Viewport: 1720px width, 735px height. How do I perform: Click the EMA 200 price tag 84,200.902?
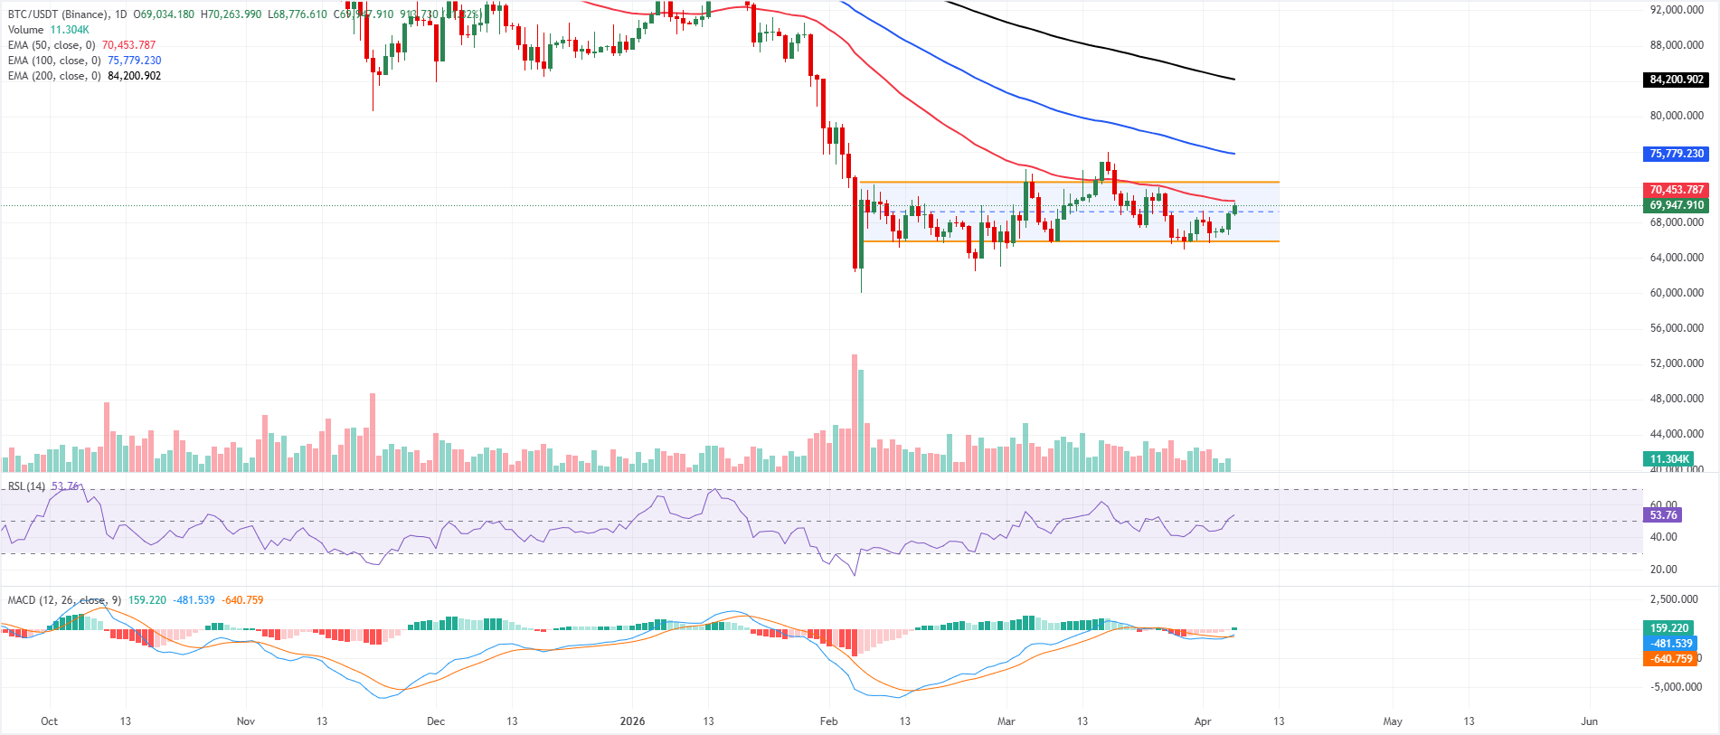click(1677, 80)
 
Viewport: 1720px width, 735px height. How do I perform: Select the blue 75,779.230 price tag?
click(1677, 154)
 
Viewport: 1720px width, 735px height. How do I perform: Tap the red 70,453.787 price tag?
click(1677, 190)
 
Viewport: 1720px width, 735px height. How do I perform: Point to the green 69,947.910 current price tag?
click(1677, 205)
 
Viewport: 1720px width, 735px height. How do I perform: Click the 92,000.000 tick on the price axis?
click(1677, 10)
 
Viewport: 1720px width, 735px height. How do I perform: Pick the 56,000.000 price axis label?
click(1677, 328)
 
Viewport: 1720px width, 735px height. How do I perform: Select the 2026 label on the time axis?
click(632, 721)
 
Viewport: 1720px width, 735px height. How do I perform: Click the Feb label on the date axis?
click(828, 721)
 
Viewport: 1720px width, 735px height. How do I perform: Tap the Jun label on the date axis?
click(1589, 721)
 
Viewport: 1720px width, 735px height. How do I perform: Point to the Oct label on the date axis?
click(49, 721)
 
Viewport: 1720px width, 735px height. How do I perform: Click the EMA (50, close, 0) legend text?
click(52, 45)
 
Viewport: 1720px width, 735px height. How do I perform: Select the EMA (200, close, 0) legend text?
click(54, 76)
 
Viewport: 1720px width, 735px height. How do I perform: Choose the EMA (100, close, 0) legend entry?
click(54, 61)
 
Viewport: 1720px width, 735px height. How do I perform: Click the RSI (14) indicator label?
click(26, 486)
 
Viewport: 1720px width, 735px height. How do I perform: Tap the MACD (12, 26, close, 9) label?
click(64, 600)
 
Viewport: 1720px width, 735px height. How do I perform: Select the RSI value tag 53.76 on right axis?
click(1663, 515)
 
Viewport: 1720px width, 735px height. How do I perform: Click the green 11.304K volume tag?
click(1669, 459)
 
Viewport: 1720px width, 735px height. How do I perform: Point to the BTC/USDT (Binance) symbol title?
click(58, 14)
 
